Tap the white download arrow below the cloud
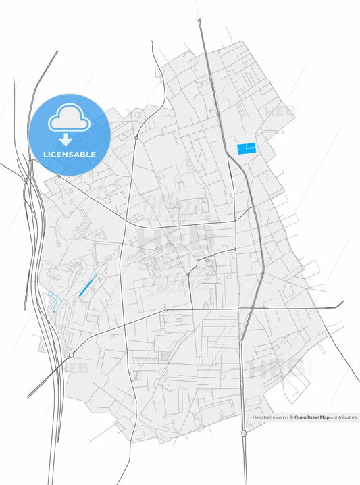point(66,140)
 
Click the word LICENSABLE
point(69,155)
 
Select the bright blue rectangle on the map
point(247,148)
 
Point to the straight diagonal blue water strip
point(86,286)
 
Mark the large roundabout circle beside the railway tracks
point(71,355)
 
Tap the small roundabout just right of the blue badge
point(136,137)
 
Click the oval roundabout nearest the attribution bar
point(244,432)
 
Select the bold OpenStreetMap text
point(311,418)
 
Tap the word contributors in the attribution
point(344,418)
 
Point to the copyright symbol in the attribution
point(291,418)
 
